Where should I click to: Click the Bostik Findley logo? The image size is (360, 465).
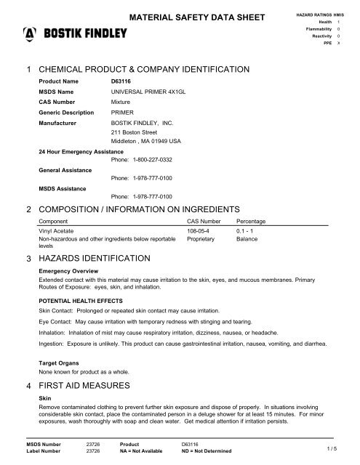pos(76,33)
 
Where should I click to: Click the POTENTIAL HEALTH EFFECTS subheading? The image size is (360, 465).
pos(79,299)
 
